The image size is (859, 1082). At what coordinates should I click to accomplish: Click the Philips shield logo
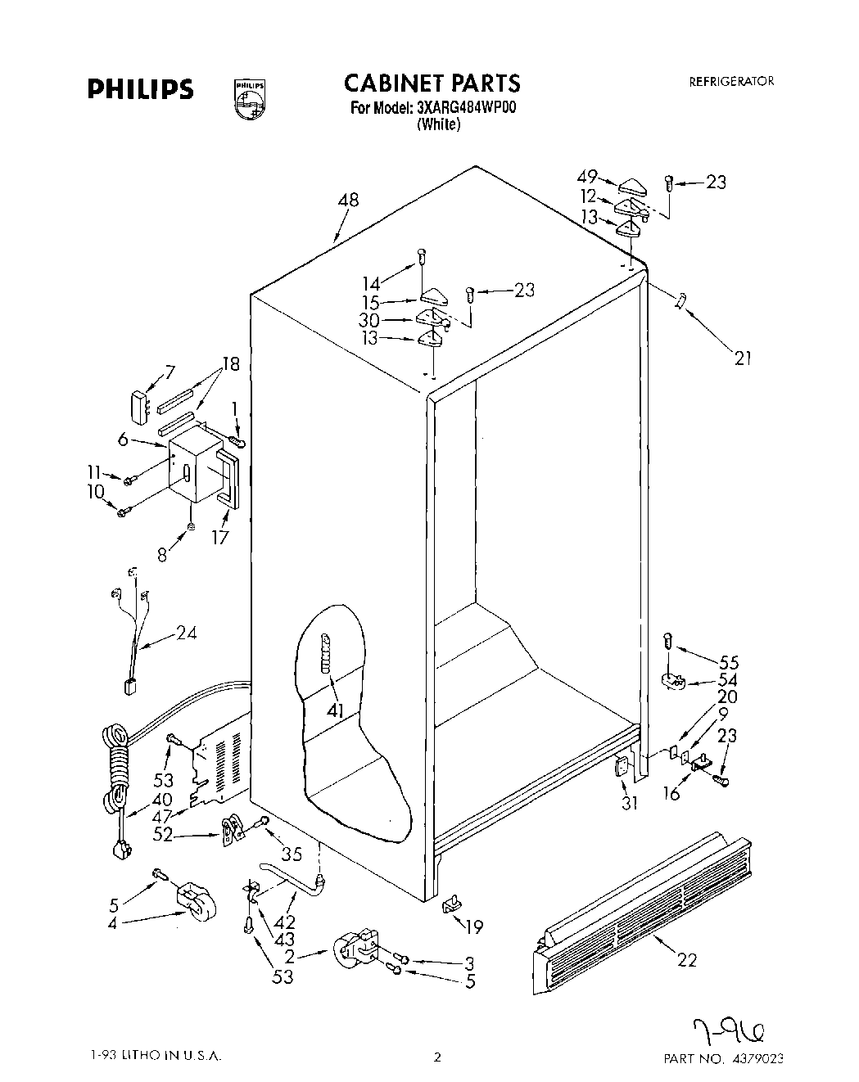point(249,98)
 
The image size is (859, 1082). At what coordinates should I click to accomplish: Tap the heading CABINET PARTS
point(431,83)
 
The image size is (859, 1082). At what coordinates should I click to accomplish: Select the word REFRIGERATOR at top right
point(731,81)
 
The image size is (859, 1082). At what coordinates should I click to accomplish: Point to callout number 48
point(347,200)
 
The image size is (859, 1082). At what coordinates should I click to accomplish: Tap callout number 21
point(743,357)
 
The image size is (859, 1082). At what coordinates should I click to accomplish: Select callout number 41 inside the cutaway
point(334,710)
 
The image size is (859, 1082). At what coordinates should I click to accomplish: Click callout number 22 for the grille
point(687,960)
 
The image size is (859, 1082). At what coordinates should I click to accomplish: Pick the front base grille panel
point(643,900)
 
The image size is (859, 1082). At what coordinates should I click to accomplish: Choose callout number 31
point(628,803)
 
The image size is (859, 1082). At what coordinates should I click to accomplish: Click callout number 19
point(473,926)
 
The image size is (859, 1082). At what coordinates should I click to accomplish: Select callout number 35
point(292,854)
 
